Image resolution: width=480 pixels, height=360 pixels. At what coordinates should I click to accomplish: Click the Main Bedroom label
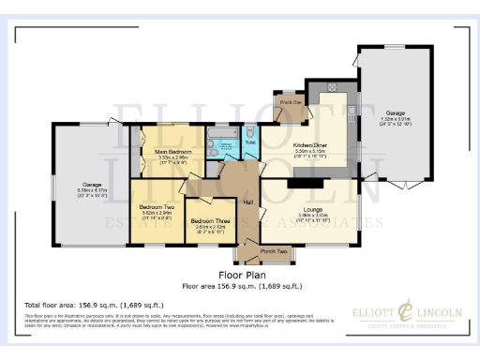click(175, 150)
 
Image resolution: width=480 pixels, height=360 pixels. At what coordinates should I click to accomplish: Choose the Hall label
click(249, 202)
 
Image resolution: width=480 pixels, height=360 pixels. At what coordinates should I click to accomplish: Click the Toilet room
click(250, 143)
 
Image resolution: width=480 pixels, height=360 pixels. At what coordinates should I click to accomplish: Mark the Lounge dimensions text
click(312, 217)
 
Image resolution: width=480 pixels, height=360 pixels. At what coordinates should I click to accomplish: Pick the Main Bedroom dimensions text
click(175, 159)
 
